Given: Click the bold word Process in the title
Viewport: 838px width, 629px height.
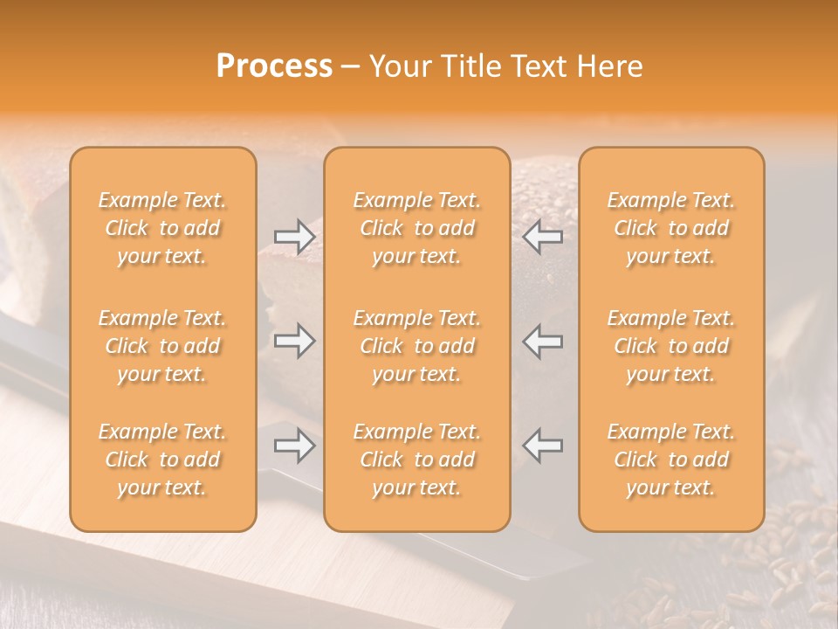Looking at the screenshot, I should pos(274,66).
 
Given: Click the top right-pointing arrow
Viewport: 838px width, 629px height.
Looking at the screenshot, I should pos(294,237).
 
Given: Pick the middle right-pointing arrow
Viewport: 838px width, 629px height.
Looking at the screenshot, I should pos(294,341).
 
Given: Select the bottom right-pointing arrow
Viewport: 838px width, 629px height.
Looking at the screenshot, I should pos(294,446).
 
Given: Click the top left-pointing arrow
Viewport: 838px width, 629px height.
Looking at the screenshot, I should pos(543,237).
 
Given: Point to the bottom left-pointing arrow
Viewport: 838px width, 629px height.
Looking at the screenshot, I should pos(543,446).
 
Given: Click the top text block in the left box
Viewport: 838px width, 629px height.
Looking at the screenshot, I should pos(162,228).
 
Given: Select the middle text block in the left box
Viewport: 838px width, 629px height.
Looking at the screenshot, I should pos(162,346).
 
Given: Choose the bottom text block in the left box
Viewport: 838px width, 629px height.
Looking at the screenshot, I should pos(162,460).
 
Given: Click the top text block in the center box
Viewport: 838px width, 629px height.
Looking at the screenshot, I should pos(416,228).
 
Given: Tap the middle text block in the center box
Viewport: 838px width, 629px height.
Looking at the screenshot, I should pos(416,346).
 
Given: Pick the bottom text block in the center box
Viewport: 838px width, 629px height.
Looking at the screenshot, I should pos(416,460).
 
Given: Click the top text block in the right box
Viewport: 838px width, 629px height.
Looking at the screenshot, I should pos(671,228).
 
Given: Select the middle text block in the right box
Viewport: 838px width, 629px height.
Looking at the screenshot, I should pos(671,346).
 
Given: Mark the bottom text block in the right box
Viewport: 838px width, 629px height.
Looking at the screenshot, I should pos(671,460).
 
